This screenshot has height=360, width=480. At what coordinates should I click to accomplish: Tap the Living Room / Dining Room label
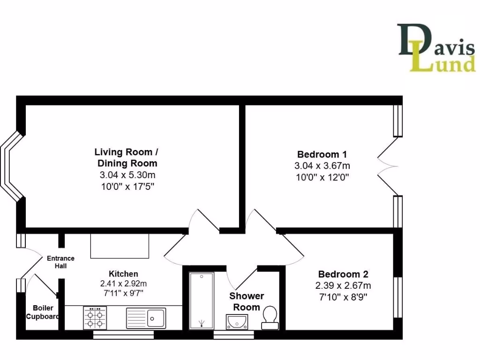coord(127,157)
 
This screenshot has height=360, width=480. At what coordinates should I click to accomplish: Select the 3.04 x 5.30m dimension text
coord(127,175)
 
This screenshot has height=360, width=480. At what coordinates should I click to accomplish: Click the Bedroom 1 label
coord(322,154)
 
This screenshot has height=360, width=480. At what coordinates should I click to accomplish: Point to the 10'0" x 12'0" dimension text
coord(322,177)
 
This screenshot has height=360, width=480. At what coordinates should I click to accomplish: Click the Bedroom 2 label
coord(343,274)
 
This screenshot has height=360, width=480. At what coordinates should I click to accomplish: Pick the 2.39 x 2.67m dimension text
coord(343,286)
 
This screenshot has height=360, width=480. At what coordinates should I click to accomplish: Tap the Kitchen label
coord(123,274)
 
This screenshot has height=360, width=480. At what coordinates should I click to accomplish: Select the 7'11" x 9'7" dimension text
coord(123,294)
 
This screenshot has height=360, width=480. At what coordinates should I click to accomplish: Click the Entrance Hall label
coord(60,262)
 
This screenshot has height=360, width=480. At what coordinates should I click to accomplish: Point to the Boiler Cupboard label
coord(43,312)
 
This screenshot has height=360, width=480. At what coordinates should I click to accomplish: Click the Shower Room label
coord(247,301)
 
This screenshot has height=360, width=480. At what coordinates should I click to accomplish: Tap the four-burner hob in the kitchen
coord(95,318)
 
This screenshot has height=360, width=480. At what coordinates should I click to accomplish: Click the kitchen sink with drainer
coord(146,318)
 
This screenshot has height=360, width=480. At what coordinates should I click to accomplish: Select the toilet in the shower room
coord(270,316)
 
